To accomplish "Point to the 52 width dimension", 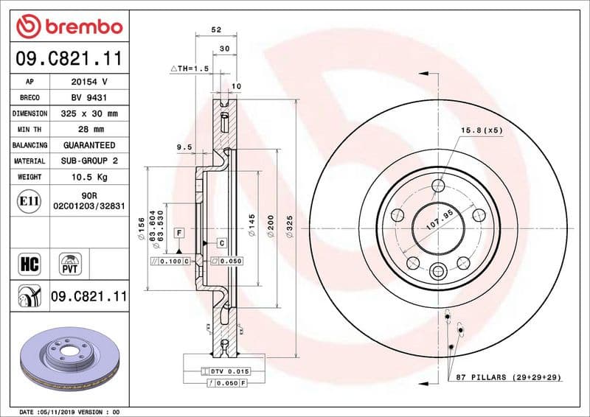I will click(x=216, y=30).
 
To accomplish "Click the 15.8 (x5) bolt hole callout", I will click(x=482, y=130).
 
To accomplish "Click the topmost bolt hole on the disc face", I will click(x=438, y=185).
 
